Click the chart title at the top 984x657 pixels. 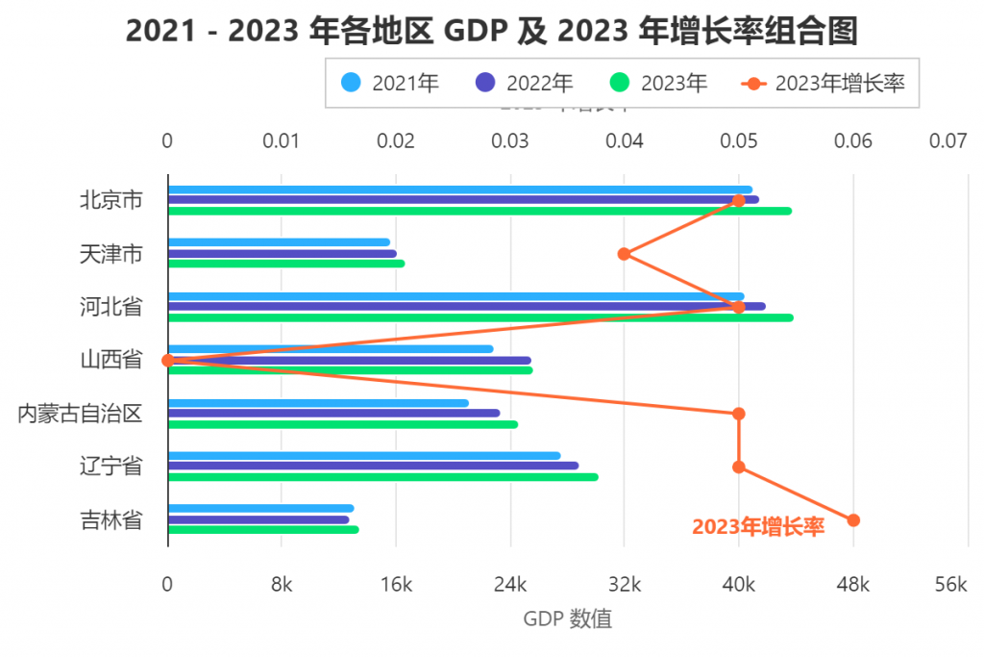pos(491,32)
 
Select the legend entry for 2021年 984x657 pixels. pos(390,84)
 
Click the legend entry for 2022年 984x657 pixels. pos(525,84)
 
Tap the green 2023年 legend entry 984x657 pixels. pos(659,84)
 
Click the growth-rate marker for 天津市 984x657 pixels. pos(624,254)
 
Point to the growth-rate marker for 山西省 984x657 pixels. pos(168,361)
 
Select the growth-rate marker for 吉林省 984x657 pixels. pos(853,520)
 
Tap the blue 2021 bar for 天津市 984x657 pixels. pos(279,242)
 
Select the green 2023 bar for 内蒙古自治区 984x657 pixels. pos(342,424)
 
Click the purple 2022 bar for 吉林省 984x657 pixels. pos(258,519)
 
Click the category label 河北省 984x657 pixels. pos(111,307)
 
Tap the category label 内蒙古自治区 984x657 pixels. pos(80,414)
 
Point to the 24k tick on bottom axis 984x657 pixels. pos(510,586)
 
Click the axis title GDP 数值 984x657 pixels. pos(567,619)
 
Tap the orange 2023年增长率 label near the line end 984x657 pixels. pos(758,527)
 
